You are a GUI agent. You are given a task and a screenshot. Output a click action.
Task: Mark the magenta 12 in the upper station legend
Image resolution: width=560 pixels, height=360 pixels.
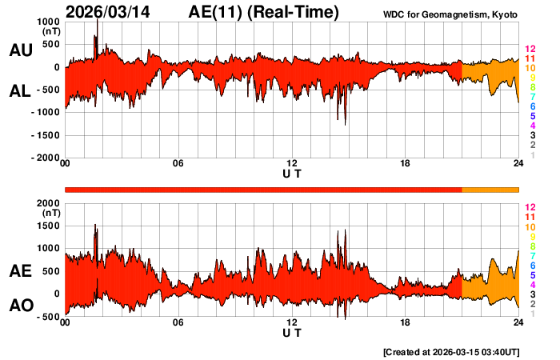pos(529,50)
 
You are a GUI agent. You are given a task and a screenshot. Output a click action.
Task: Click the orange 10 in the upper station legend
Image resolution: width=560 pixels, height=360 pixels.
pos(529,69)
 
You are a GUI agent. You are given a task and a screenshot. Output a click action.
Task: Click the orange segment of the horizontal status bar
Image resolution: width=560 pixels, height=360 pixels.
pos(490,189)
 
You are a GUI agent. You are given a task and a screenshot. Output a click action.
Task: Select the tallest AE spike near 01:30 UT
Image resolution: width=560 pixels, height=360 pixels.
pos(96,226)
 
